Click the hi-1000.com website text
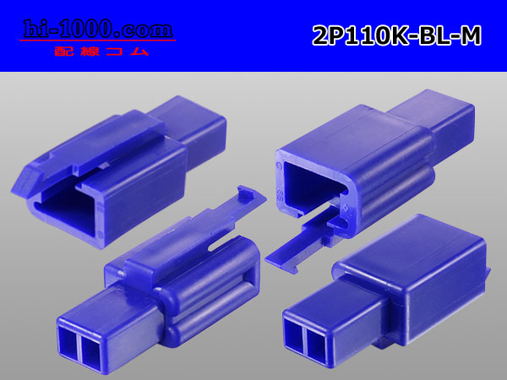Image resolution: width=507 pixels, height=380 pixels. tap(98, 29)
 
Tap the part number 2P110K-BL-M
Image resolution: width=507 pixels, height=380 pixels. tap(397, 35)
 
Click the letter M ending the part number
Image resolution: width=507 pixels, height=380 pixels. tap(471, 35)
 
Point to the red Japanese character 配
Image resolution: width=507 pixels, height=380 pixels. tap(63, 52)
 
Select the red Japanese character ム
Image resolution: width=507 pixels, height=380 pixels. tap(139, 52)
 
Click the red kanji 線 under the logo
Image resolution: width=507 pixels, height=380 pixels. tap(90, 52)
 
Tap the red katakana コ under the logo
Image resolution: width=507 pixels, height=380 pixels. tap(114, 52)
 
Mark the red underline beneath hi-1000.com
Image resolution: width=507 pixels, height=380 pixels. tap(98, 41)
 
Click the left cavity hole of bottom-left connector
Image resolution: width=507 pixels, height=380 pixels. tap(68, 343)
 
